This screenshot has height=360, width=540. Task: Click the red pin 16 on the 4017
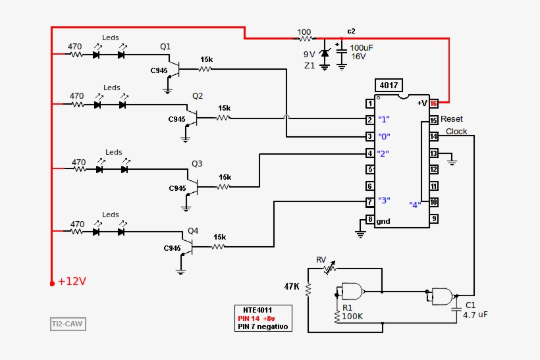click(x=434, y=103)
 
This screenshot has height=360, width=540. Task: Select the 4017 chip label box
click(x=388, y=86)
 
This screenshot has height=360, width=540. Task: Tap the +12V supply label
click(x=72, y=282)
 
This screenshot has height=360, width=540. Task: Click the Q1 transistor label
click(x=165, y=47)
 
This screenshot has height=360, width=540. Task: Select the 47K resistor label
click(x=292, y=287)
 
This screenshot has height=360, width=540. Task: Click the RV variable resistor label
click(x=321, y=259)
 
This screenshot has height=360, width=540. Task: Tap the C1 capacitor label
click(x=470, y=305)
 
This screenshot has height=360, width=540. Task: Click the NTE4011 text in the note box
click(x=257, y=310)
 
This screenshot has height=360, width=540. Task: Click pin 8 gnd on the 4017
click(x=371, y=219)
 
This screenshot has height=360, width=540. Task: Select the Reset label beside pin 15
click(x=452, y=119)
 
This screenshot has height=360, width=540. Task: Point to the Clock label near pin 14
click(x=456, y=132)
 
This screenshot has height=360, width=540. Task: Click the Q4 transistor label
click(x=193, y=231)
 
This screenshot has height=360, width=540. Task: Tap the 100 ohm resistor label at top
click(x=304, y=32)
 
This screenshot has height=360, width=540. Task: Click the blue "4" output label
click(x=415, y=204)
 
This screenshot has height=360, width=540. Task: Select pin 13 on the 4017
click(x=434, y=153)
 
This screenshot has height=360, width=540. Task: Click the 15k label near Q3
click(x=225, y=177)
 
